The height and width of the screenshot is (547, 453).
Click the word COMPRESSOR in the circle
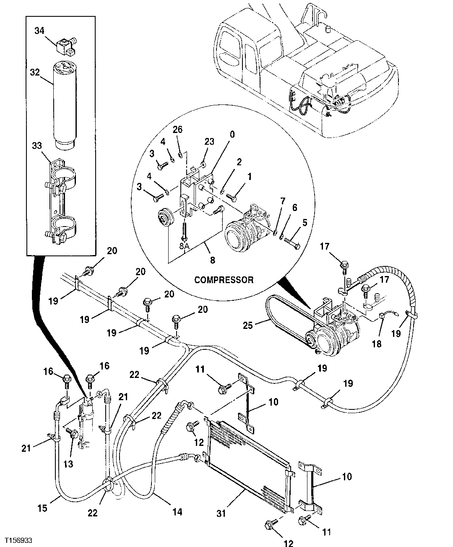(x=224, y=280)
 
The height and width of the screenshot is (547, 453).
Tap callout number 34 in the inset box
(x=39, y=31)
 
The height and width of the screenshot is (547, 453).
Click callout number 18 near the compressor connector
(x=377, y=344)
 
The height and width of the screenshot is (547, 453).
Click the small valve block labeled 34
(x=65, y=44)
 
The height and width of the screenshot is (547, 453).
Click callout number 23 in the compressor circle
(x=210, y=142)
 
